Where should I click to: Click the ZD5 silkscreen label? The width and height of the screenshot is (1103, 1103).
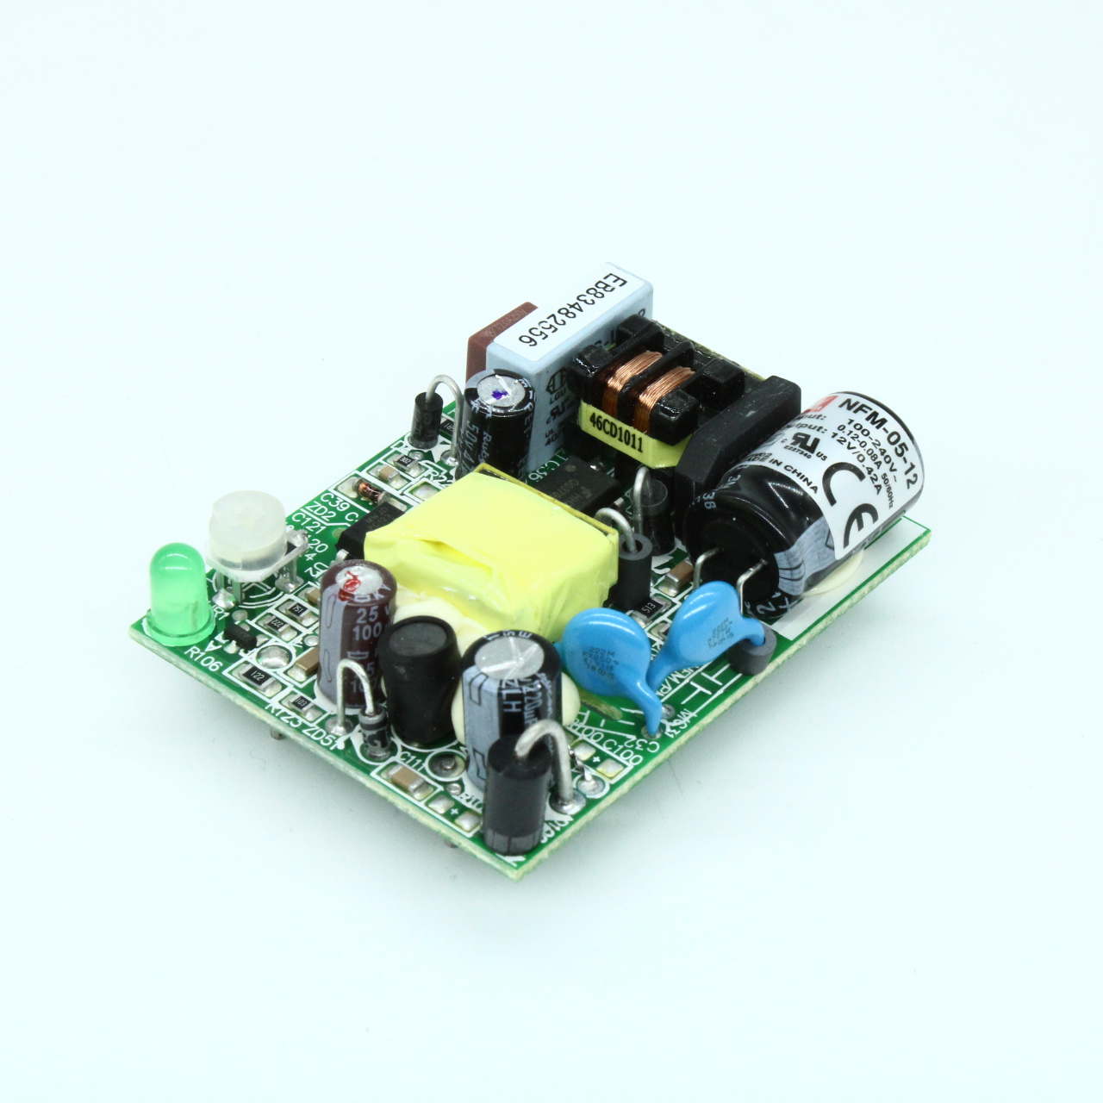(320, 735)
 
